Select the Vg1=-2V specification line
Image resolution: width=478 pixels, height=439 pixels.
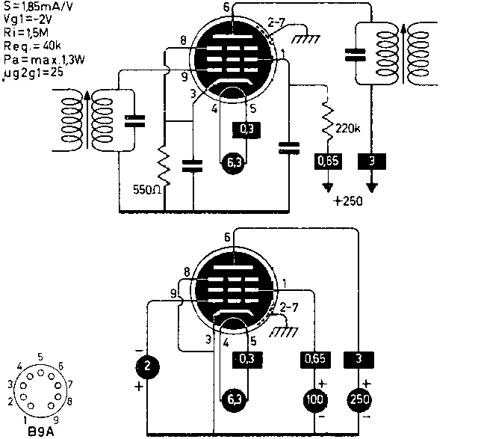click(x=27, y=19)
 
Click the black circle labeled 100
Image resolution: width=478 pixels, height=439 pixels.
click(x=315, y=400)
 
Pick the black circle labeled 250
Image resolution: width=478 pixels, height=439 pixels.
click(x=358, y=400)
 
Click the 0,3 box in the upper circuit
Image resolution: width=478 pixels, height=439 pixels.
click(x=246, y=130)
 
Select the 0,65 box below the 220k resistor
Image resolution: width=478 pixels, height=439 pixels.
click(x=326, y=160)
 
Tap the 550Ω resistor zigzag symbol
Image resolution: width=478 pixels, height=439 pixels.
click(x=164, y=164)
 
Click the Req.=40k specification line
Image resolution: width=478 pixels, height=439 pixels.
click(x=31, y=46)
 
